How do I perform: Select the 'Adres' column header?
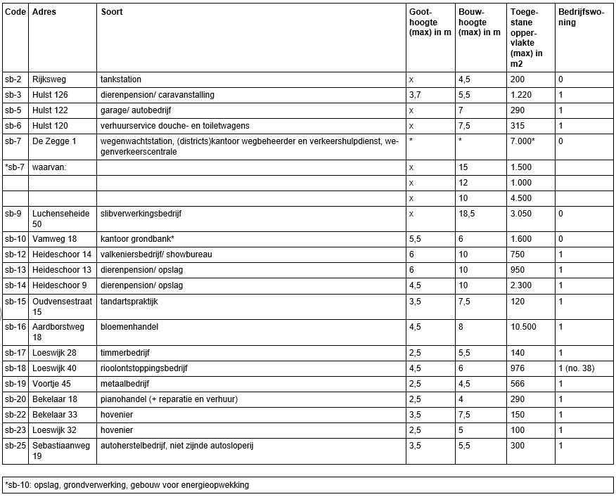45,13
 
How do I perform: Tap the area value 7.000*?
525,141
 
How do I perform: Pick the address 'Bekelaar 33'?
55,414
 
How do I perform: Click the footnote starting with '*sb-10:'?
127,484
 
